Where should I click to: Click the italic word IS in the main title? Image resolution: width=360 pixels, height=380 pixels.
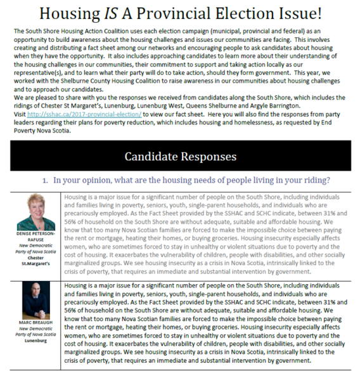tap(143, 13)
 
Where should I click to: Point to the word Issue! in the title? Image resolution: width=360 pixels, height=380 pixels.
tap(315, 13)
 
